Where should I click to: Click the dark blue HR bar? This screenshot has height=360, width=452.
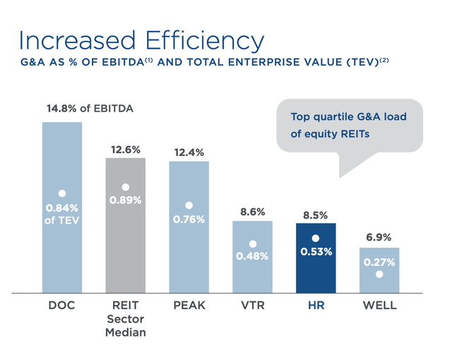316,258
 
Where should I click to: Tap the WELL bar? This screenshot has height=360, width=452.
379,270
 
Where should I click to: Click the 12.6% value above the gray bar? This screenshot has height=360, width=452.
126,150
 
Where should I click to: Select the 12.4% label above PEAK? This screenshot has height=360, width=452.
189,152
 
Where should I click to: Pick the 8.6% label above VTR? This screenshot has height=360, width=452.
252,211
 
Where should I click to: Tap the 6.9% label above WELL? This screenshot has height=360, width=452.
379,238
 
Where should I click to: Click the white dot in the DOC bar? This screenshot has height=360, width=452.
62,193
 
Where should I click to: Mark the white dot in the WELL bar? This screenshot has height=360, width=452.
379,275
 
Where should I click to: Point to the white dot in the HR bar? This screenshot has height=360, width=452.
316,239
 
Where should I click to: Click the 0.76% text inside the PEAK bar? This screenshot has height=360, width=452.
189,219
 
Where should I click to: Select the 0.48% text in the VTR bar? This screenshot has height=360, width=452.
252,256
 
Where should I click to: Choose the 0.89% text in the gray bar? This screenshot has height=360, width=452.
126,200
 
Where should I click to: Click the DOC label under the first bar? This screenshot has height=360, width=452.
61,306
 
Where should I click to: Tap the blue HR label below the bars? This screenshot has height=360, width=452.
316,306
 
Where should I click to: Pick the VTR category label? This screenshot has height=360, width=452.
252,306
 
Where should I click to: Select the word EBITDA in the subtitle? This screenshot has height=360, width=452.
121,64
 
